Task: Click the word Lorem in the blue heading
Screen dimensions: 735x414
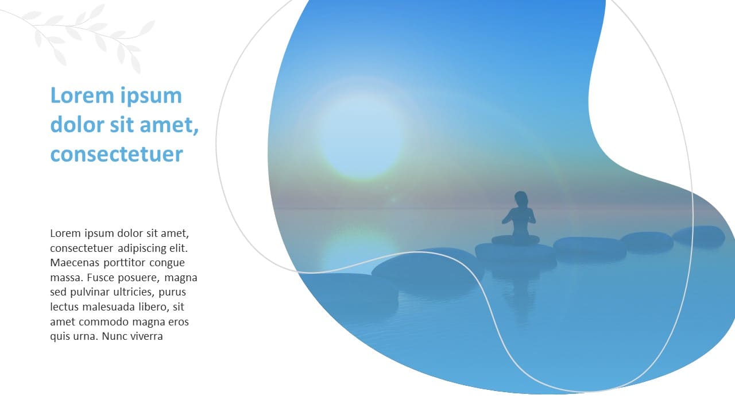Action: pos(82,95)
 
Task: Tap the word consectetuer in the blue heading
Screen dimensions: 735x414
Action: pos(117,154)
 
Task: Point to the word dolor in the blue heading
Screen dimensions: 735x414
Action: pos(78,125)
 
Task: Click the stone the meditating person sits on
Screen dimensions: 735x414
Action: pos(515,254)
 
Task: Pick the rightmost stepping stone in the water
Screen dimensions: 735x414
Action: pos(698,236)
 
